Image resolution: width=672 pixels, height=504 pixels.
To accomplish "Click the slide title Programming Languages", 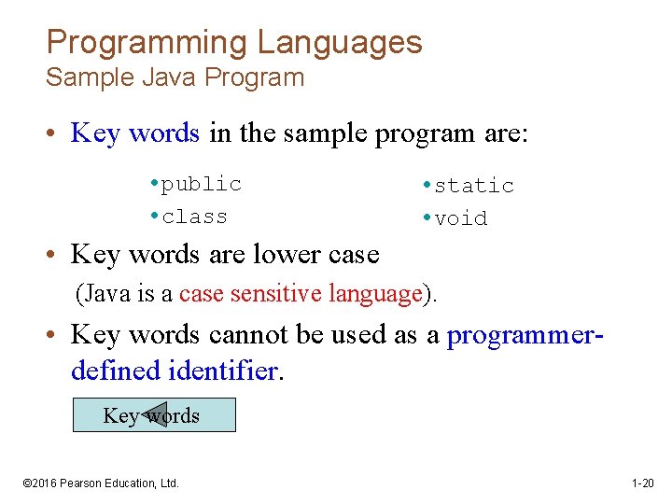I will click(x=233, y=42).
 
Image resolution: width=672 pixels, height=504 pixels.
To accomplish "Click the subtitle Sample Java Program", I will click(x=175, y=77).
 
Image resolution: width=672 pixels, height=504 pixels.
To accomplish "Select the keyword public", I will click(x=201, y=184).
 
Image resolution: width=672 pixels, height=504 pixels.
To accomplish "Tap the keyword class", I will click(x=194, y=217).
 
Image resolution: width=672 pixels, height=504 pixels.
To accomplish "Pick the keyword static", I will click(x=474, y=186).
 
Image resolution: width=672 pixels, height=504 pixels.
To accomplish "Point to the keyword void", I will click(x=460, y=218).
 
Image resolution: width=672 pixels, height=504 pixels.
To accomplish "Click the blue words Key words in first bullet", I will click(x=135, y=133).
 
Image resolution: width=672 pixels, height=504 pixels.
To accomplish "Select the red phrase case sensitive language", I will click(x=301, y=294).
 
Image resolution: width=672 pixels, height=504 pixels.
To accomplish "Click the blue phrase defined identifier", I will click(x=175, y=371).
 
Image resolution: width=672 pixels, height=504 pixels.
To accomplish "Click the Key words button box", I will click(x=154, y=415).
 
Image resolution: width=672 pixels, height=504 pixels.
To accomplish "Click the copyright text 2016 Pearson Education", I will click(x=100, y=483).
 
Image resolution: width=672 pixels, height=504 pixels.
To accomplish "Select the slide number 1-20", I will click(x=642, y=483).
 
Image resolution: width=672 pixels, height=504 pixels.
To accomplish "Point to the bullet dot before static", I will click(x=425, y=186).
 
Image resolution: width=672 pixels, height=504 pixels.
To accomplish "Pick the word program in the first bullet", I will click(x=425, y=133).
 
